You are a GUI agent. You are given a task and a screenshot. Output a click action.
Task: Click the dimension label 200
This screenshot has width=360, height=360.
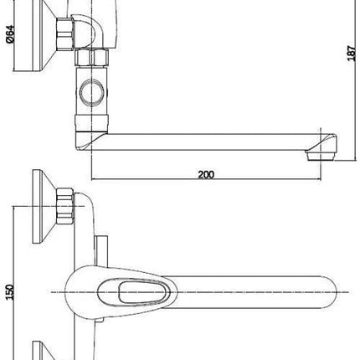tap(206, 174)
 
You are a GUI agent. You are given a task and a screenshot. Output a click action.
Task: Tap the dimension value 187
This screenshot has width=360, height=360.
tap(352, 53)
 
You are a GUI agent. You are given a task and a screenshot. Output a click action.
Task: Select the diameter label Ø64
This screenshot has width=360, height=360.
tap(10, 34)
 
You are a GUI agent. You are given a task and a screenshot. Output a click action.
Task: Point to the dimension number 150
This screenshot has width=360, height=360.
tap(10, 292)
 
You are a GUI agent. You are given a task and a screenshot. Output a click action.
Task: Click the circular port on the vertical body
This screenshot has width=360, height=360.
tap(92, 92)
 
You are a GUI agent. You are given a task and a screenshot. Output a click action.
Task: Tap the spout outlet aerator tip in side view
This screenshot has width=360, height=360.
tap(321, 156)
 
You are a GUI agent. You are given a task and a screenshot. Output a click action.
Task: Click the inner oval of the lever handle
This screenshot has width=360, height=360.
tap(144, 292)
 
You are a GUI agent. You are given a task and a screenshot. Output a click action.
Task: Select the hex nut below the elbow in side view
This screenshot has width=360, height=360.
tap(91, 58)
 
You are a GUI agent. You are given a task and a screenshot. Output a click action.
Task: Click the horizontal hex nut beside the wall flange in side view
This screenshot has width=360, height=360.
tap(65, 34)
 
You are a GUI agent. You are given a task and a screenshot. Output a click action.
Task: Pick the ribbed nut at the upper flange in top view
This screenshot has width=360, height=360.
tap(65, 206)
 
